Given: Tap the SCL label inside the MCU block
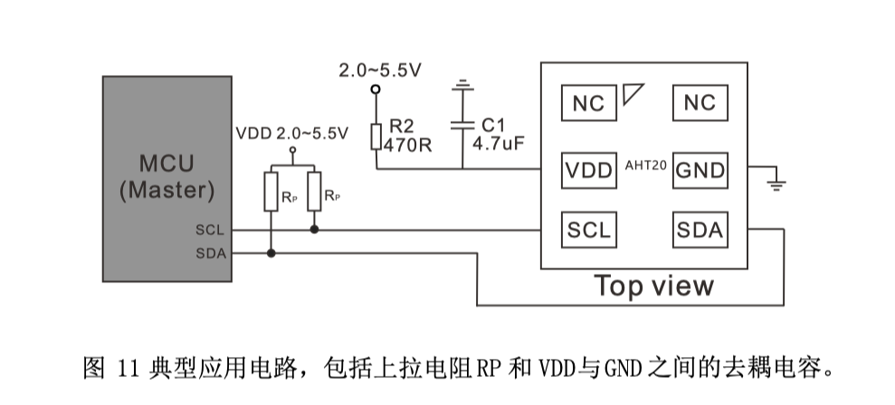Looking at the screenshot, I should [x=210, y=231].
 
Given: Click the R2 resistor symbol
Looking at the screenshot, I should [x=376, y=137].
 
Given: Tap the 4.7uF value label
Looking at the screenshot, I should [x=500, y=145].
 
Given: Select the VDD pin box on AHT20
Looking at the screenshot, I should [x=587, y=170].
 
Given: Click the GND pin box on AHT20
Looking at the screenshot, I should [x=700, y=170].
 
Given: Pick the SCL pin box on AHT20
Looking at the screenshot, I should [x=587, y=230].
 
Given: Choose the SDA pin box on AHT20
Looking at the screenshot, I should [x=700, y=230].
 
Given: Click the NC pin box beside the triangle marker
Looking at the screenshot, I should [x=587, y=102].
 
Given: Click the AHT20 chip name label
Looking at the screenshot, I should [x=645, y=165].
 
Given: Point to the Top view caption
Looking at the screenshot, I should [x=653, y=286].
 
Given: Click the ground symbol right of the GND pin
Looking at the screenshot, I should [x=776, y=185].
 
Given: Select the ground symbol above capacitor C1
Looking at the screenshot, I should [x=463, y=86].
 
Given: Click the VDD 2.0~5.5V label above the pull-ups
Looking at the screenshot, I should [x=291, y=133].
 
